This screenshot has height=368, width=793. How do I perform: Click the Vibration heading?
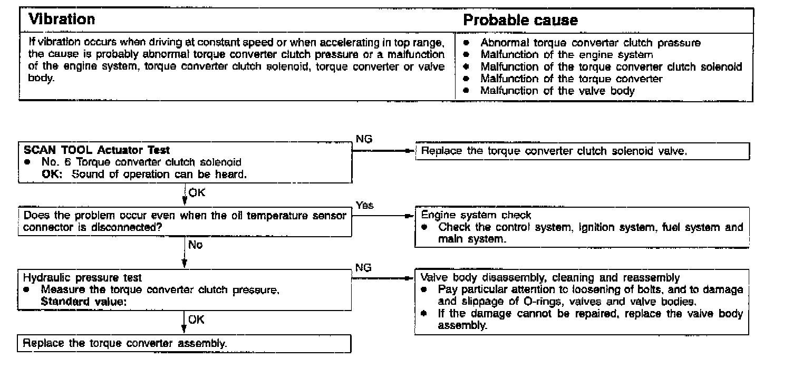(61, 20)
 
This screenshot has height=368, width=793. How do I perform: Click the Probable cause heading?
(520, 21)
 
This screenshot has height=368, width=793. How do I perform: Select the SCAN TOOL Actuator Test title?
(97, 150)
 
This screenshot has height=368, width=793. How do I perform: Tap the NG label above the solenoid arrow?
(363, 140)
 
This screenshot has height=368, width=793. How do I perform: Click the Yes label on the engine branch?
(365, 206)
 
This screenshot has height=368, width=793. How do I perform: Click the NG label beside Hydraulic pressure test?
(363, 267)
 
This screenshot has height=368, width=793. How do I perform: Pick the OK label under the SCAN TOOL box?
(197, 192)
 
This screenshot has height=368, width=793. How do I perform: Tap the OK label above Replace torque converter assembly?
(196, 319)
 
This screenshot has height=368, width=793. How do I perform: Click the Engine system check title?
(476, 215)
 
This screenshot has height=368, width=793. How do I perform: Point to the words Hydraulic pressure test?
(82, 277)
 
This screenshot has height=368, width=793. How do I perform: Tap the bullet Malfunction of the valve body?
(557, 90)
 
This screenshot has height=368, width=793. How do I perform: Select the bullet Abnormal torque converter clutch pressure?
(591, 43)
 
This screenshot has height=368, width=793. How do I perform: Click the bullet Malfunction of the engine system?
(567, 55)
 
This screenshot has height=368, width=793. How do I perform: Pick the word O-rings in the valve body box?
(540, 302)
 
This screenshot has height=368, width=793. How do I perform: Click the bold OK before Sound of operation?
(52, 175)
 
